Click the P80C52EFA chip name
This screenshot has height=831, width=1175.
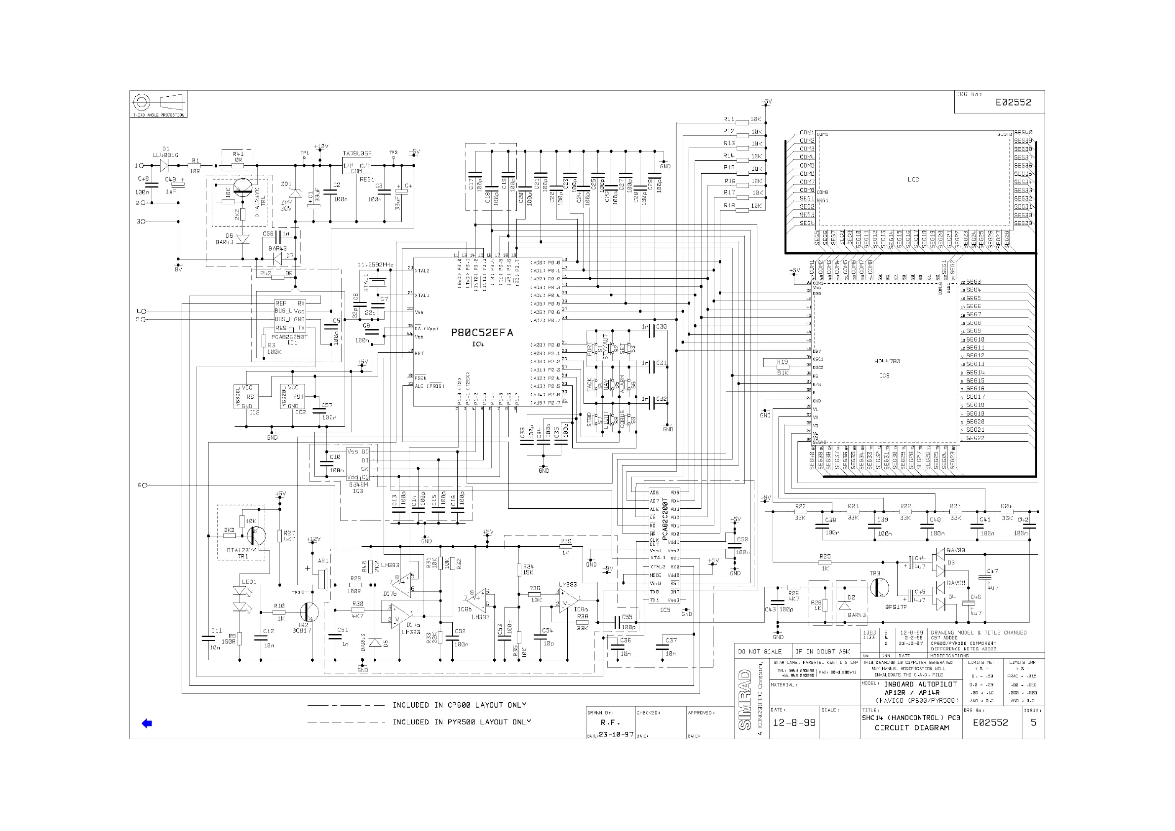(481, 333)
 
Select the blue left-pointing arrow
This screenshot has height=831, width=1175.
(147, 723)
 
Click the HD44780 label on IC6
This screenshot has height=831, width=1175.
(887, 361)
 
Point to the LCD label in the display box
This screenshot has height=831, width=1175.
(913, 180)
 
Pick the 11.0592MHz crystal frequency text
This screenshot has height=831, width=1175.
(375, 264)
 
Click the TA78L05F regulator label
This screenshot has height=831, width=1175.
(357, 153)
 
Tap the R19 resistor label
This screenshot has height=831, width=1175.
(782, 362)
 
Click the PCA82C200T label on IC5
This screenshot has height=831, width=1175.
(665, 519)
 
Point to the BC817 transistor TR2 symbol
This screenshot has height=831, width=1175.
(308, 611)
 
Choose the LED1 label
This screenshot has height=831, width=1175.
(249, 582)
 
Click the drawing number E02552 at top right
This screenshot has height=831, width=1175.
(1013, 102)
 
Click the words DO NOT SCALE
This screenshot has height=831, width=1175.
(760, 651)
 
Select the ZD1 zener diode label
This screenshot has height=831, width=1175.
(286, 184)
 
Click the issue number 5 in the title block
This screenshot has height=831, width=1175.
(1033, 722)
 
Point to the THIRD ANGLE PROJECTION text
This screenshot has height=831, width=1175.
(158, 115)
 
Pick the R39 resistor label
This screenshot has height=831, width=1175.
(565, 541)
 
